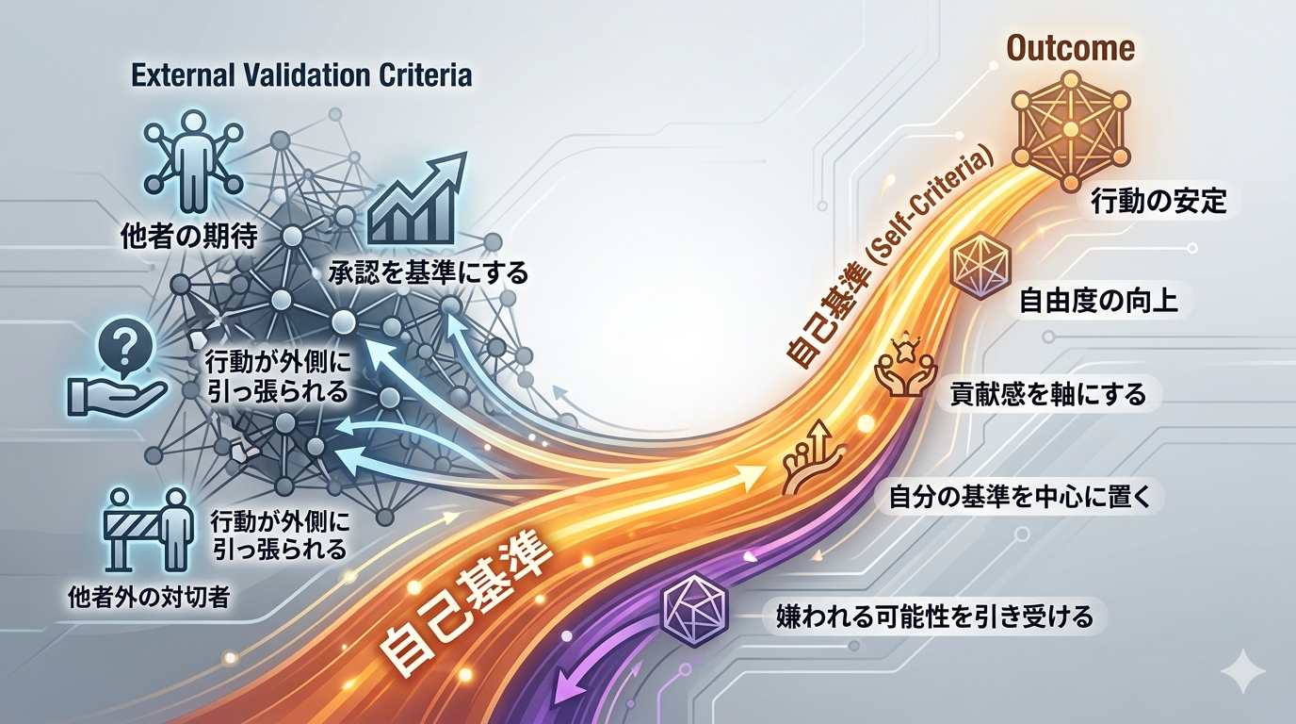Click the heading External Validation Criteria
[301, 75]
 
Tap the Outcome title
[1071, 48]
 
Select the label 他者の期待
[189, 236]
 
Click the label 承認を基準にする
[429, 272]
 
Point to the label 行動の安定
[1158, 202]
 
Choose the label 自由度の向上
[1098, 301]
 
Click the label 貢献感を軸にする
[1047, 394]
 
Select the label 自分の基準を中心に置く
[1019, 497]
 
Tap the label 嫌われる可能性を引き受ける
[933, 617]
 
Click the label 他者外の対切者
[149, 597]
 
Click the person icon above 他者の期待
[193, 163]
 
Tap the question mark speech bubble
[127, 349]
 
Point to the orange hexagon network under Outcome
[1071, 131]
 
